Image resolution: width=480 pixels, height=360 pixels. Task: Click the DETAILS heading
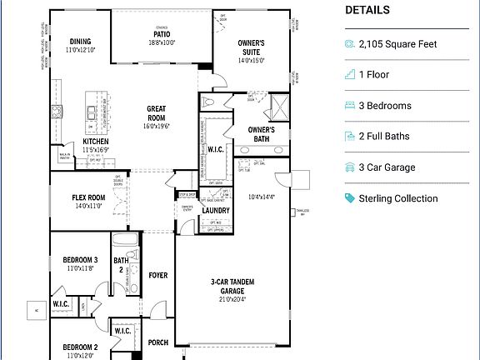(x=367, y=11)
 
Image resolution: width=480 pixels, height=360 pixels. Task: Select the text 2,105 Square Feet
(x=397, y=44)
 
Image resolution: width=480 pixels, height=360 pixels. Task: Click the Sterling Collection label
(x=397, y=198)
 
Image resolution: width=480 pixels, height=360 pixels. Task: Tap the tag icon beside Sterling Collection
(x=350, y=198)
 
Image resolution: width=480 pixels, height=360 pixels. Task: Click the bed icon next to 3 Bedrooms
(x=350, y=106)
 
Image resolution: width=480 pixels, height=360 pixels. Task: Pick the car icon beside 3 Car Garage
(x=350, y=167)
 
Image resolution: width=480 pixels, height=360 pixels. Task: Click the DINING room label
(x=80, y=42)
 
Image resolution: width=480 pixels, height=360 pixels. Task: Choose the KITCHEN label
(x=96, y=142)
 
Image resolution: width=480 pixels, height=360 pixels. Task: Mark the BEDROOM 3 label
(x=81, y=260)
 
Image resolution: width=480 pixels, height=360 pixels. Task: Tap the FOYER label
(x=157, y=275)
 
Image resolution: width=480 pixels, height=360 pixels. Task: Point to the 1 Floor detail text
(x=374, y=75)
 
